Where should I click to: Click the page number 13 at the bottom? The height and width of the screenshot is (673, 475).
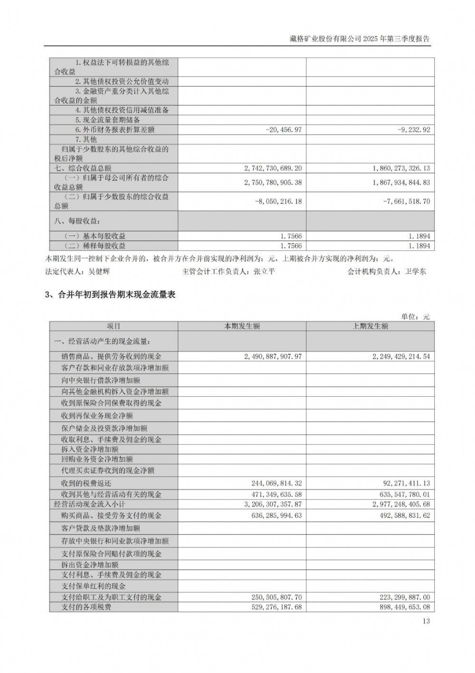click(426, 621)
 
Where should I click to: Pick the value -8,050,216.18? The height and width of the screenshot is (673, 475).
click(278, 202)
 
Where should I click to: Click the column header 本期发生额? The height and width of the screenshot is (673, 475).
click(242, 326)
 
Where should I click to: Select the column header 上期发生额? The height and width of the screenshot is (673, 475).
click(370, 326)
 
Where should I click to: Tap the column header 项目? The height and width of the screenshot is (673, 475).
click(114, 326)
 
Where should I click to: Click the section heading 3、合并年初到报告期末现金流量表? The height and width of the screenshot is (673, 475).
click(110, 295)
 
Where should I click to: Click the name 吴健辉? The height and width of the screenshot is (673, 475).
click(99, 272)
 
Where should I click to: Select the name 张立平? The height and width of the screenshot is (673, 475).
click(265, 272)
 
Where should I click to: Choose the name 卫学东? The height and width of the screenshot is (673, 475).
click(416, 272)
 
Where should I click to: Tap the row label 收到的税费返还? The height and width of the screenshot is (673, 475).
click(86, 483)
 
